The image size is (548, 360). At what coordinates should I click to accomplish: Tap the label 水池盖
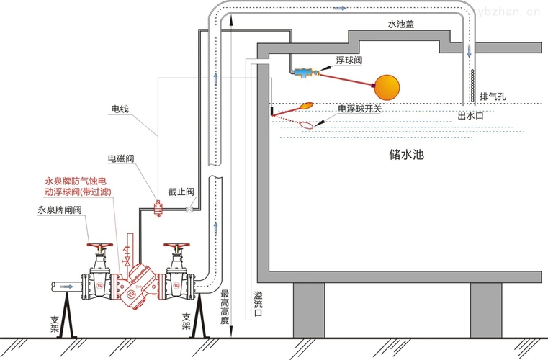pyautogui.click(x=400, y=24)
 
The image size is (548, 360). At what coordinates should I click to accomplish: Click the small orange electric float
pyautogui.click(x=307, y=105)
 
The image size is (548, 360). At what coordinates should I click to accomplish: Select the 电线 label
pyautogui.click(x=119, y=109)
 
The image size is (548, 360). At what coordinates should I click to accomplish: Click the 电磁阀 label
pyautogui.click(x=121, y=158)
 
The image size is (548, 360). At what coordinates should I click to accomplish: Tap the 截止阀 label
pyautogui.click(x=181, y=192)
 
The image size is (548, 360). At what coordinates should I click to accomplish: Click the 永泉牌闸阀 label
pyautogui.click(x=60, y=210)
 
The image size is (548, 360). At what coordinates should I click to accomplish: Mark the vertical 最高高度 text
pyautogui.click(x=225, y=306)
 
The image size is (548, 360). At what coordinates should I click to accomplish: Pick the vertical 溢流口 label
pyautogui.click(x=257, y=305)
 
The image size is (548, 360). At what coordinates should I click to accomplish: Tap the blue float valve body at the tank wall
pyautogui.click(x=301, y=71)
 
